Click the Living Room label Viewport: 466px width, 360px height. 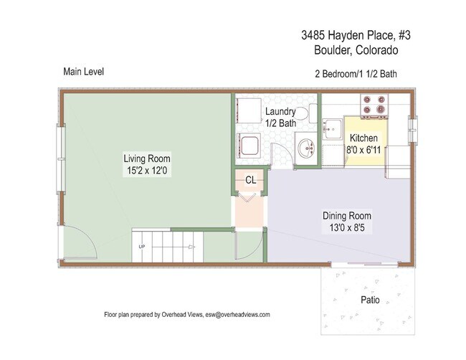pos(147,158)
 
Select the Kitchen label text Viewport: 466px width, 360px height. pos(364,138)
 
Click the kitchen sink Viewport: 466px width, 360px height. pos(333,130)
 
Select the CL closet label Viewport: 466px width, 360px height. pos(251,180)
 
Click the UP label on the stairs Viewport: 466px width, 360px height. pos(142,247)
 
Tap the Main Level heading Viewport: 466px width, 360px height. pos(84,72)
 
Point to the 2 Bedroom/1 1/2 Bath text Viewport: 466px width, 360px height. pos(357,74)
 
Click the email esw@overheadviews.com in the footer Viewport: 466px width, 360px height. pos(237,314)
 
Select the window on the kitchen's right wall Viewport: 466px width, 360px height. pos(412,129)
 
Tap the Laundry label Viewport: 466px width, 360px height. pos(280,112)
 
